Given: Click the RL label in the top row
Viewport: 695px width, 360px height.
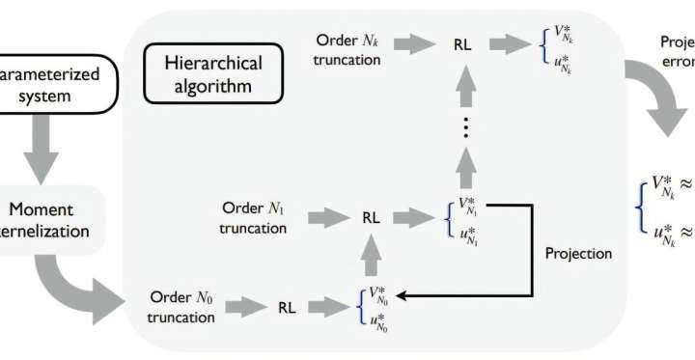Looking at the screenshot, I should pyautogui.click(x=462, y=43).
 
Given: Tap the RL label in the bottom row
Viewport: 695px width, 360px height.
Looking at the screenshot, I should pyautogui.click(x=287, y=308).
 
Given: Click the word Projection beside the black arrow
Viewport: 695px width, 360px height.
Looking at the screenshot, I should pyautogui.click(x=579, y=253).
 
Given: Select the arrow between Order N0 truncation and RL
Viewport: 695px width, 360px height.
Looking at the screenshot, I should pyautogui.click(x=245, y=308).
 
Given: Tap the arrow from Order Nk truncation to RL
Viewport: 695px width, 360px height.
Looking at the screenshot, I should pyautogui.click(x=418, y=43).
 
